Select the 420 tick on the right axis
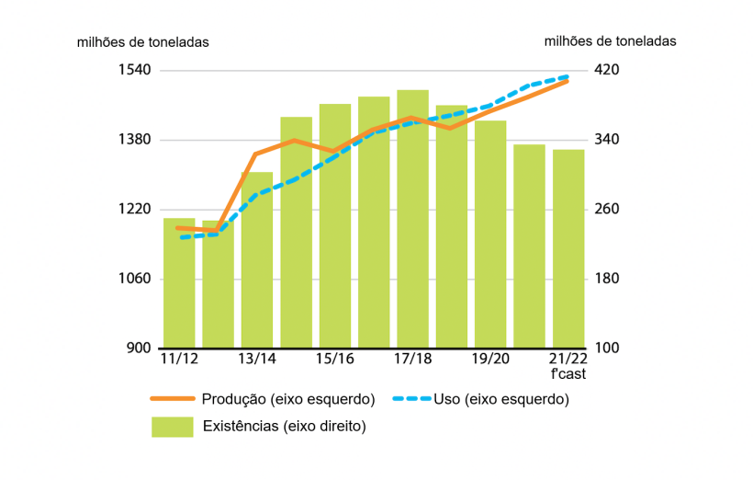(610, 70)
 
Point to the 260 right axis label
(610, 210)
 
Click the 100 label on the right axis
(610, 349)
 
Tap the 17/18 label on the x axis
(412, 359)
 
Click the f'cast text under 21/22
(568, 374)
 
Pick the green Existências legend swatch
(173, 426)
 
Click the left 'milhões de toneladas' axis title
(142, 41)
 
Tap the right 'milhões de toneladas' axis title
(610, 40)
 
